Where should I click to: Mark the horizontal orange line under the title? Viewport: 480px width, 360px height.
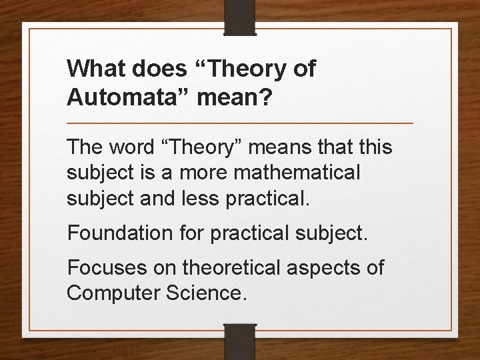coord(240,123)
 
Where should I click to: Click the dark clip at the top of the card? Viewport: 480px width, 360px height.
coord(240,17)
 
